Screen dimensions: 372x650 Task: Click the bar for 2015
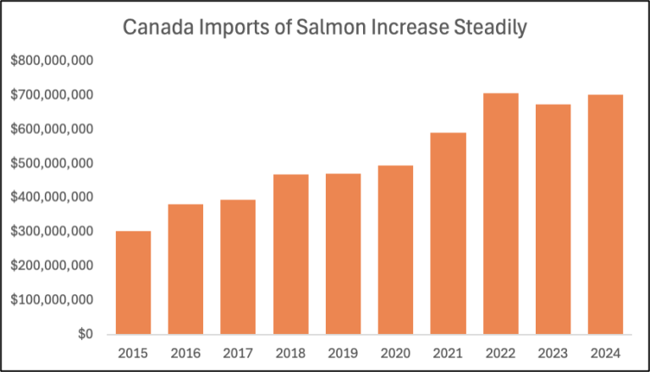(133, 282)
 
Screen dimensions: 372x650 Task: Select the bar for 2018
(290, 254)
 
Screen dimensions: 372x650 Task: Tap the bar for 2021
(448, 232)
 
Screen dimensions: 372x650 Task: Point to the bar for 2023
(553, 219)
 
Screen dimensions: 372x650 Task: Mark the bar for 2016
(185, 269)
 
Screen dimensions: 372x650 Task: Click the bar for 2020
(395, 249)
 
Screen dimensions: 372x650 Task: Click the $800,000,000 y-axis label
(53, 61)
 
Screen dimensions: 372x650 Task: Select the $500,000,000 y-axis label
(53, 163)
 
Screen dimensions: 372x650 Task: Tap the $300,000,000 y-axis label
(53, 232)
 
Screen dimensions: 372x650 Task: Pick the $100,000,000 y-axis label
(53, 299)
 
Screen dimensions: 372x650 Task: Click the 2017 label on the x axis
(238, 352)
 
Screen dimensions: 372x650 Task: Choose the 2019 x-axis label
(343, 352)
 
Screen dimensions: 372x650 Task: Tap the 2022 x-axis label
(500, 352)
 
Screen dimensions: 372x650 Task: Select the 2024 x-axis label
(605, 352)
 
